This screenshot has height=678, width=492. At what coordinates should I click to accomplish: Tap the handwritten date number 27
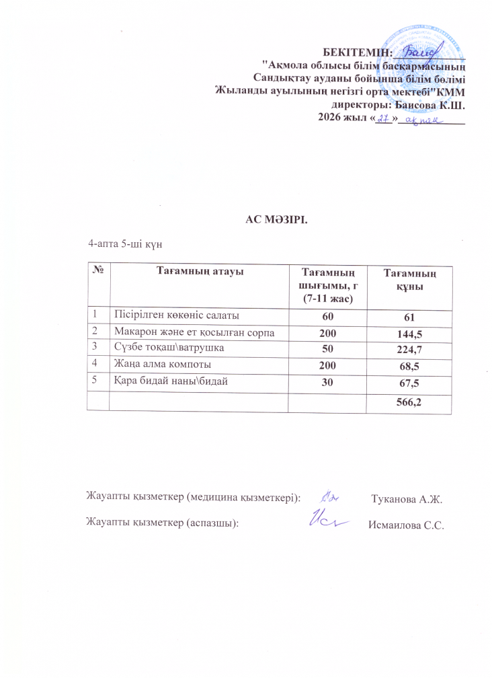[383, 119]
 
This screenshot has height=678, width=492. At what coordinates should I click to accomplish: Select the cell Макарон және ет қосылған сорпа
[194, 332]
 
